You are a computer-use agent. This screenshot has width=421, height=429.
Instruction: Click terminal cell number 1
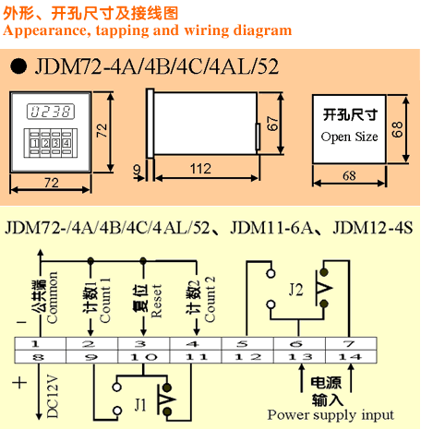click(x=41, y=344)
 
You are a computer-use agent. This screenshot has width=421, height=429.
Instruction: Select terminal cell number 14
click(x=351, y=357)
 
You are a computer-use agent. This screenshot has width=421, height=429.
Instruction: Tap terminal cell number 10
click(x=144, y=357)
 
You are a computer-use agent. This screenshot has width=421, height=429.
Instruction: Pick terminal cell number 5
click(x=247, y=344)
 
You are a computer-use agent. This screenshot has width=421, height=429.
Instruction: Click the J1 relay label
click(x=140, y=404)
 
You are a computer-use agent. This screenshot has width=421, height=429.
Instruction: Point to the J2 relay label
click(x=295, y=290)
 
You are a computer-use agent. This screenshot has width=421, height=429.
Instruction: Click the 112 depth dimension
click(x=200, y=169)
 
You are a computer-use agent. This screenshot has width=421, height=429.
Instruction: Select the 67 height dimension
click(x=273, y=124)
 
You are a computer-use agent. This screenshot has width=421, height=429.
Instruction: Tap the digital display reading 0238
click(x=51, y=112)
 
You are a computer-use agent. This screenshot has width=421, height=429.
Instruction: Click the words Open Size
click(x=349, y=137)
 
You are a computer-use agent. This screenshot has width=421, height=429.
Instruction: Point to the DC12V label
click(x=53, y=396)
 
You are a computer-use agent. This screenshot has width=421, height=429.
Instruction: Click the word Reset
click(x=156, y=301)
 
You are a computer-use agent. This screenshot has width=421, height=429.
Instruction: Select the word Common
click(x=52, y=297)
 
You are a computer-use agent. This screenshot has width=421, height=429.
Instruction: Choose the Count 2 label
click(x=210, y=299)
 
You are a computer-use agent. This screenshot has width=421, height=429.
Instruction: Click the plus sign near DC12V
click(x=19, y=383)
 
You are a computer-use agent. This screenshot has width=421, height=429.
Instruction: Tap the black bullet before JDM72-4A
click(x=18, y=66)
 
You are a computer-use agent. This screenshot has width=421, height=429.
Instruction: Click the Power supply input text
click(x=331, y=415)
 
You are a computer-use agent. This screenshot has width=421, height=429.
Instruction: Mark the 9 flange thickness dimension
click(x=138, y=170)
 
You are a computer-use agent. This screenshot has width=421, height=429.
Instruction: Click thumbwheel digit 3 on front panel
click(x=56, y=143)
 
